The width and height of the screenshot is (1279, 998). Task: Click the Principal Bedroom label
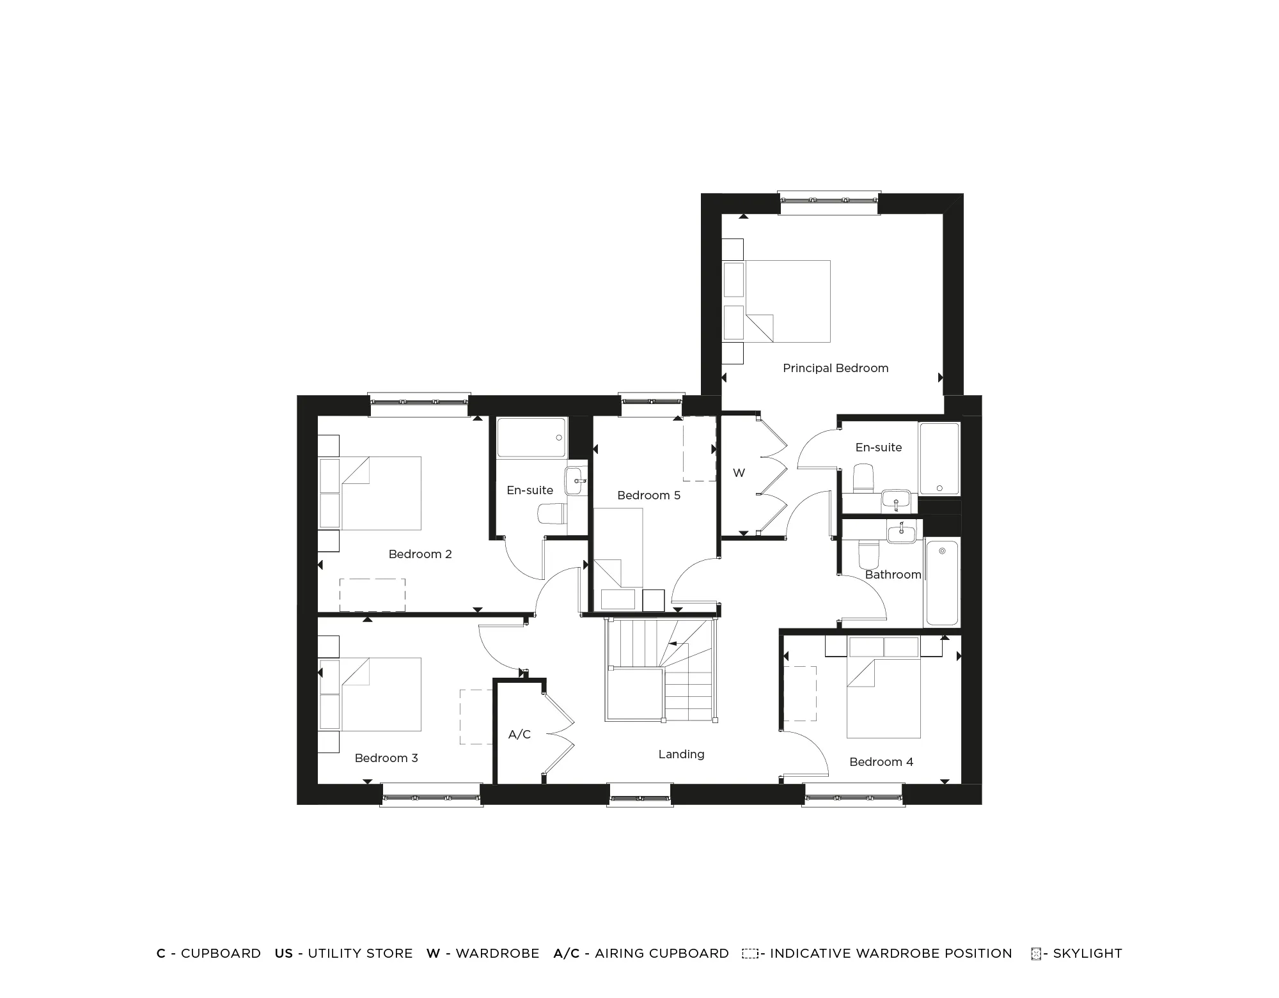point(835,368)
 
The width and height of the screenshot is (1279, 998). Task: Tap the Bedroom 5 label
point(648,495)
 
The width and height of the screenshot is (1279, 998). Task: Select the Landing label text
point(681,754)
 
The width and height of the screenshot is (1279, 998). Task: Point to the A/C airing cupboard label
point(519,735)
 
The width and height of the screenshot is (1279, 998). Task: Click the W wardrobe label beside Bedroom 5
point(739,473)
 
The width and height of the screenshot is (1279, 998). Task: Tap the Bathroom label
point(893,575)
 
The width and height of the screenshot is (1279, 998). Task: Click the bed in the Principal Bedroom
point(776,300)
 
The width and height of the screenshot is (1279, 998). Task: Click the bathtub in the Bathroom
point(942,582)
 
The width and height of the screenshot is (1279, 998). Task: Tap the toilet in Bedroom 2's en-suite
point(553,513)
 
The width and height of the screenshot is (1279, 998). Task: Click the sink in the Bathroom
point(902,532)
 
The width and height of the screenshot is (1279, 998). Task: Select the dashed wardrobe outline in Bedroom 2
point(372,595)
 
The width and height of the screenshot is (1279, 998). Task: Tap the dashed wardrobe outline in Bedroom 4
point(800,694)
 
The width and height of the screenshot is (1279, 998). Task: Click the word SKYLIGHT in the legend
point(1087,953)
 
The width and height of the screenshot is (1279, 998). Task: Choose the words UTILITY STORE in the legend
point(360,953)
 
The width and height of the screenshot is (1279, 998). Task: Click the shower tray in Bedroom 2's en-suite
point(532,438)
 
